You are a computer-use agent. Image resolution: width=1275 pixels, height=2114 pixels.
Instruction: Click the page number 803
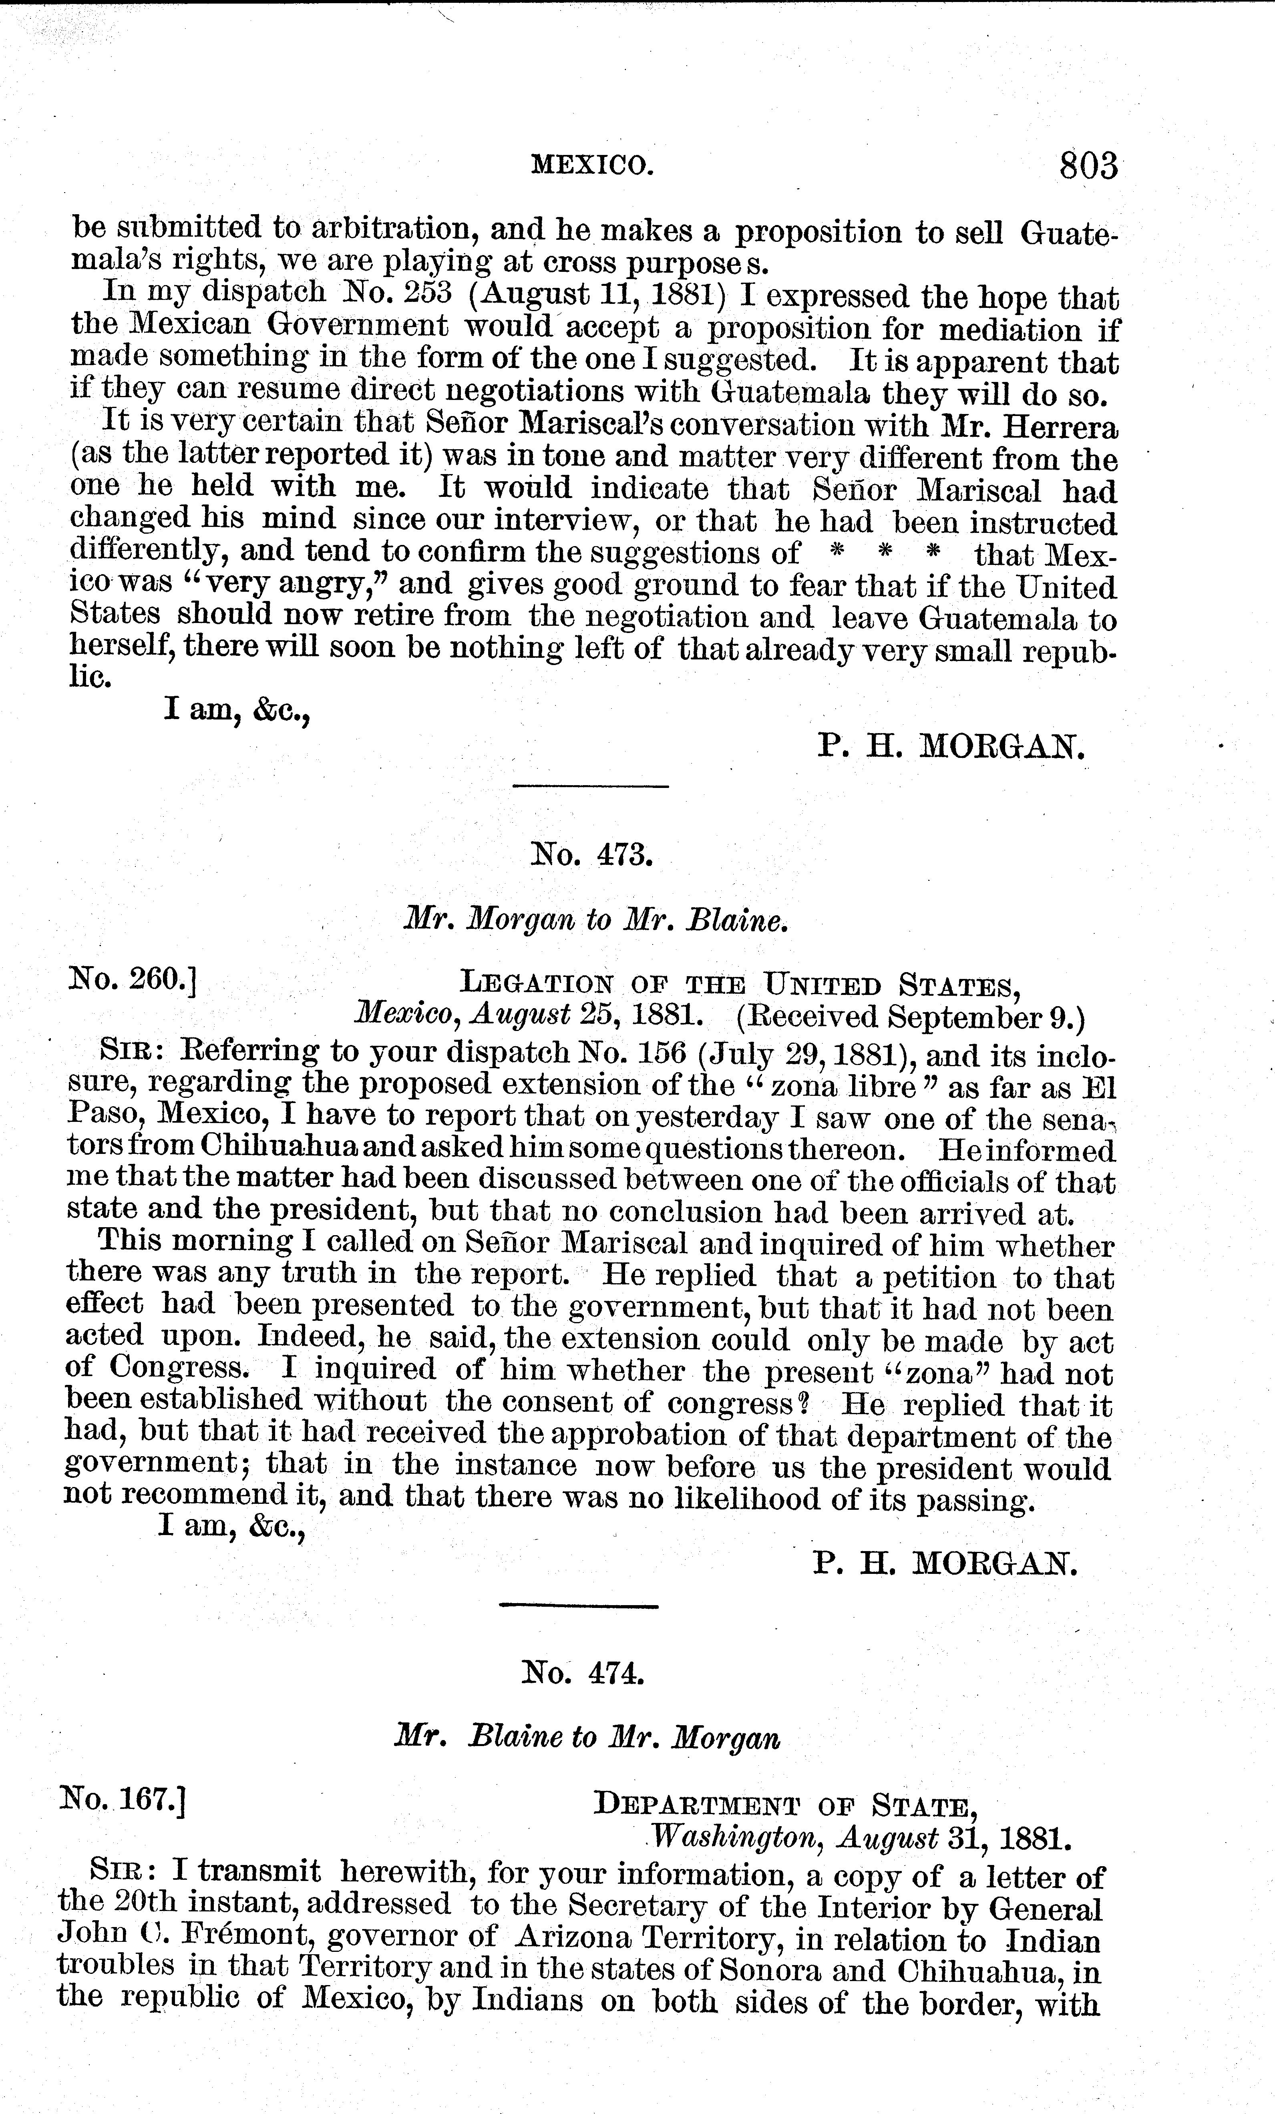(x=1088, y=165)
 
